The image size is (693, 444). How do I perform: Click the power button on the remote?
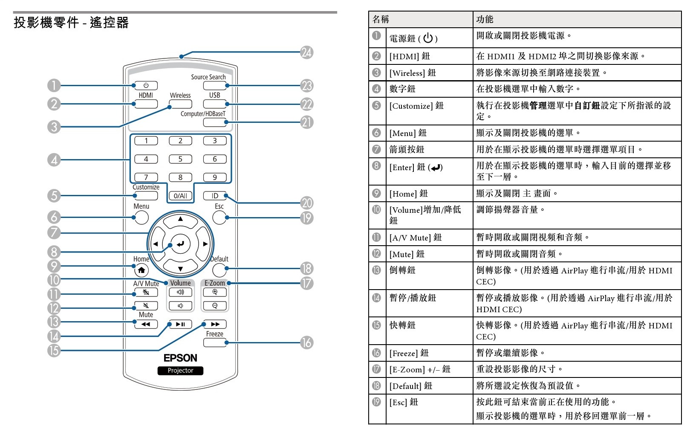tap(146, 85)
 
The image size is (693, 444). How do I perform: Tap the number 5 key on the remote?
tap(180, 159)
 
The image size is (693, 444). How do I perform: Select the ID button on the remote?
tap(215, 196)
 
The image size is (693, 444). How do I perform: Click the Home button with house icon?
tap(141, 270)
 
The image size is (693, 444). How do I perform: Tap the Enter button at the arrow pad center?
tap(180, 244)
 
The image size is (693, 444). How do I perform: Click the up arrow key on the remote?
tap(180, 221)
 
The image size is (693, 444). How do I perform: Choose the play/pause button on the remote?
tap(180, 324)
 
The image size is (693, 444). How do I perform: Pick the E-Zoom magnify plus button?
tap(215, 292)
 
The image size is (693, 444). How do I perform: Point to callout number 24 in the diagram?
tap(306, 52)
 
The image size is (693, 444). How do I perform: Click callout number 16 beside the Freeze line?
tap(306, 343)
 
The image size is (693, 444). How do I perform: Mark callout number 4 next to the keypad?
tap(54, 160)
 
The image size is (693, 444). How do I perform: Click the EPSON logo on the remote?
tap(180, 358)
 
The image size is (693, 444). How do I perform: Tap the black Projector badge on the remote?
tap(180, 371)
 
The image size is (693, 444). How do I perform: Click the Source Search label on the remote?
tap(208, 77)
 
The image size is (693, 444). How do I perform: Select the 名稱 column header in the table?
tap(381, 20)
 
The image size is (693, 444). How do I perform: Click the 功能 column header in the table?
tap(485, 20)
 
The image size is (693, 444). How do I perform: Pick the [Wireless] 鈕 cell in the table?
tap(413, 73)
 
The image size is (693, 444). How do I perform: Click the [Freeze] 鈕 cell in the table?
tap(409, 353)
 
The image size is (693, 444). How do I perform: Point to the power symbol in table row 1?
tap(428, 38)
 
